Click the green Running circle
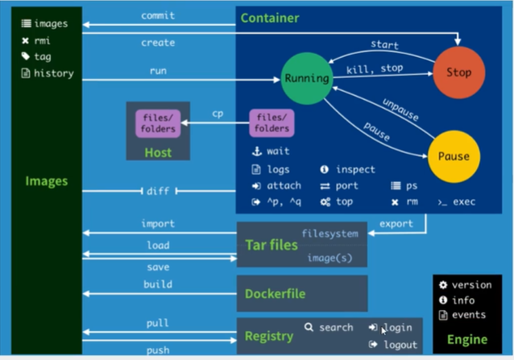point(307,79)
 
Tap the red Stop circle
point(459,72)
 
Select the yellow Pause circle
point(454,156)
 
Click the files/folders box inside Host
point(158,123)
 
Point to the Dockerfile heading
point(275,294)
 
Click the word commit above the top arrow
point(158,15)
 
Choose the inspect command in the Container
point(355,169)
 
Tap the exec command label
point(464,202)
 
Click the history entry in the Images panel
point(54,73)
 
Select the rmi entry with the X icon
point(42,40)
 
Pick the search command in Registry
point(336,327)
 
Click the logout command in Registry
point(400,345)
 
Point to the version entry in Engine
point(472,285)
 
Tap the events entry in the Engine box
point(469,315)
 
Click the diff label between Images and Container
point(158,191)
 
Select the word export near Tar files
point(396,224)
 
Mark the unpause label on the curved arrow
point(400,110)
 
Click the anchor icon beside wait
point(257,151)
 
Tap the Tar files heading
point(272,245)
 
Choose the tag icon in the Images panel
point(26,56)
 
